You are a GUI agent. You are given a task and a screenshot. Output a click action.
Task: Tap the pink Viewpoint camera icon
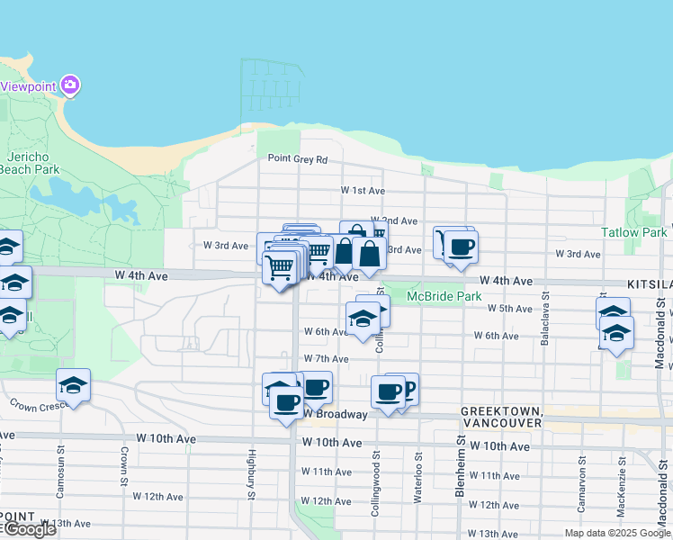pos(71,86)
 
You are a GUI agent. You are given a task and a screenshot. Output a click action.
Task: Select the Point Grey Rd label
pos(298,159)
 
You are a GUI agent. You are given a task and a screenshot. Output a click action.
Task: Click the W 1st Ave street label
pos(363,191)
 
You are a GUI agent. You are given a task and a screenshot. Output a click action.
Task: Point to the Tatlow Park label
pos(634,232)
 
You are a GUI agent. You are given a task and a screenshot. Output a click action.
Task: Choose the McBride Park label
pos(444,296)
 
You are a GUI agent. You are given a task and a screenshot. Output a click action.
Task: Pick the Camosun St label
pos(62,468)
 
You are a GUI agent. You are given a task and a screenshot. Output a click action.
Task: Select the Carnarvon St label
pos(582,486)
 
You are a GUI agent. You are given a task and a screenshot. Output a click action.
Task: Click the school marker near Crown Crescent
pos(74,386)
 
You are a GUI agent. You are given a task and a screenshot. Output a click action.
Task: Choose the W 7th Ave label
pos(326,358)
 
